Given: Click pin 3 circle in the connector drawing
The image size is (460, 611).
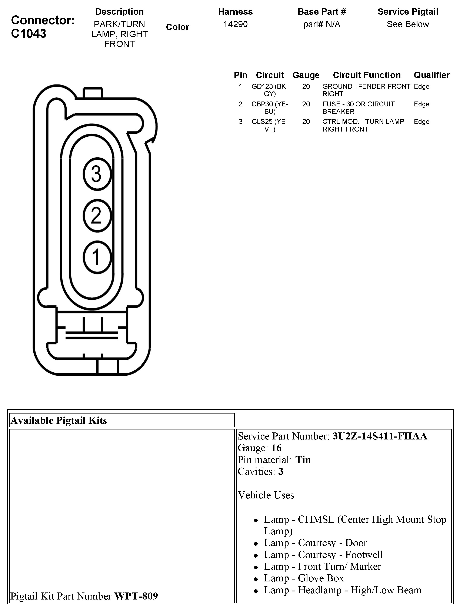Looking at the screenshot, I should [x=97, y=174].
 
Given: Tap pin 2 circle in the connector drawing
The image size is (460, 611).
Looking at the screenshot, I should [x=97, y=215].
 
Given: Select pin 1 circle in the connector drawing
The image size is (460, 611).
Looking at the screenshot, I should [x=97, y=257].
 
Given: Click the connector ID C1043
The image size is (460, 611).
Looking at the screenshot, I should [x=29, y=34].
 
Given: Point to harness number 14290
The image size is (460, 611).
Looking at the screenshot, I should [x=235, y=24].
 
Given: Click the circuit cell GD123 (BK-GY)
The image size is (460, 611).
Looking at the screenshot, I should [x=270, y=90].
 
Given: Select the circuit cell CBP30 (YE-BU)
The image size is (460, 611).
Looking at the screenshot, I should [x=270, y=108].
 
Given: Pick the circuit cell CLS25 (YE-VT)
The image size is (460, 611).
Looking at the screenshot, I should [x=270, y=125].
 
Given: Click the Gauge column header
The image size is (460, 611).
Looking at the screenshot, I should [x=306, y=75].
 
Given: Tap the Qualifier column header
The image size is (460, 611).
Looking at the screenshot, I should [x=431, y=75].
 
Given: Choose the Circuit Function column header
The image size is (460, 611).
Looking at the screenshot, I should [x=367, y=75].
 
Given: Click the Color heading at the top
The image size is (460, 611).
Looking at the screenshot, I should [x=177, y=27].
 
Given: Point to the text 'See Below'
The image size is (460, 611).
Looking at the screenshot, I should [x=407, y=24].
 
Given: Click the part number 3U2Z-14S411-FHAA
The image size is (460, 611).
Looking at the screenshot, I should [x=380, y=436].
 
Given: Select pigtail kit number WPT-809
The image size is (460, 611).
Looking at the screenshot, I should [x=136, y=596].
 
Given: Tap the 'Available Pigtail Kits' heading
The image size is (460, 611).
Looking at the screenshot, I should [x=59, y=420].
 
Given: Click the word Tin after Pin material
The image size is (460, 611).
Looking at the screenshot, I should [x=303, y=460].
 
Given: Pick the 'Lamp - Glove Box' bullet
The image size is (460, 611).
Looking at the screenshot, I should [x=304, y=578].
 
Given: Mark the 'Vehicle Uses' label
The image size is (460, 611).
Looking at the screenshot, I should [x=266, y=495].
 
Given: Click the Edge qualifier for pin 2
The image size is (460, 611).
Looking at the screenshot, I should [x=421, y=104].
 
